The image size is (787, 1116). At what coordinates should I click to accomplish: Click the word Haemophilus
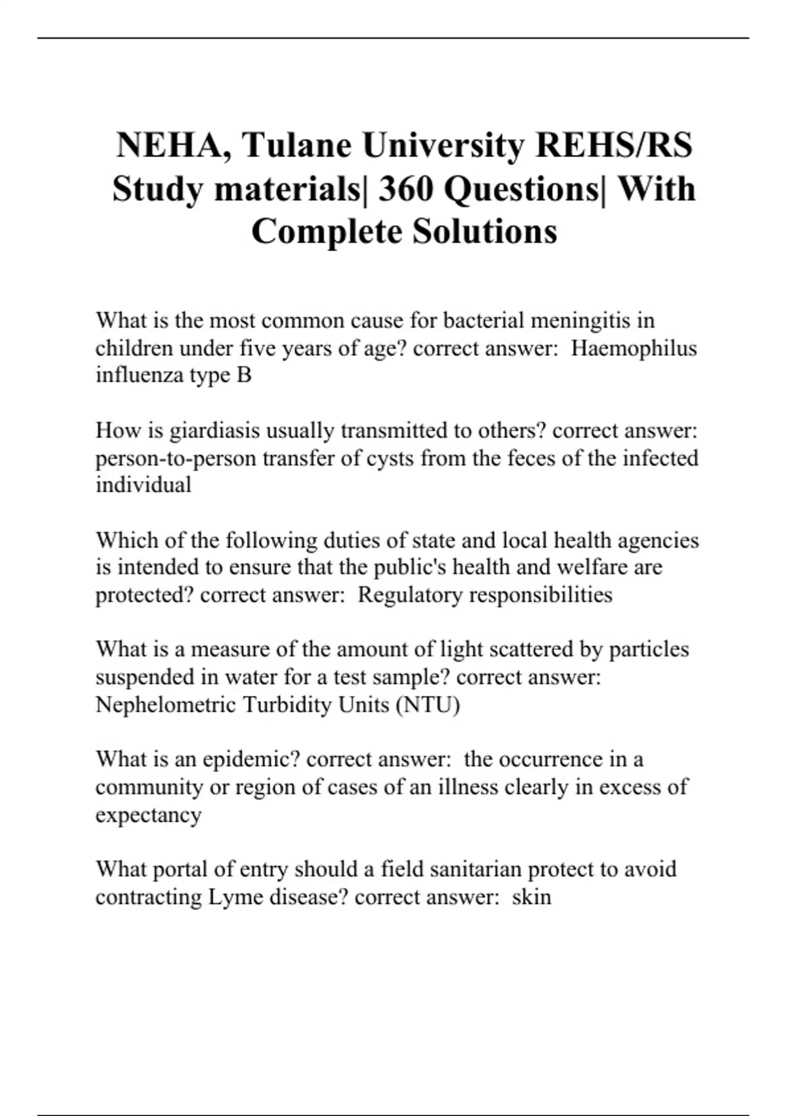tap(634, 348)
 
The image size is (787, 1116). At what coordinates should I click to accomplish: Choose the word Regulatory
tap(409, 595)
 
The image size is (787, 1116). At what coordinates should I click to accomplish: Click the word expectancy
tap(148, 815)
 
